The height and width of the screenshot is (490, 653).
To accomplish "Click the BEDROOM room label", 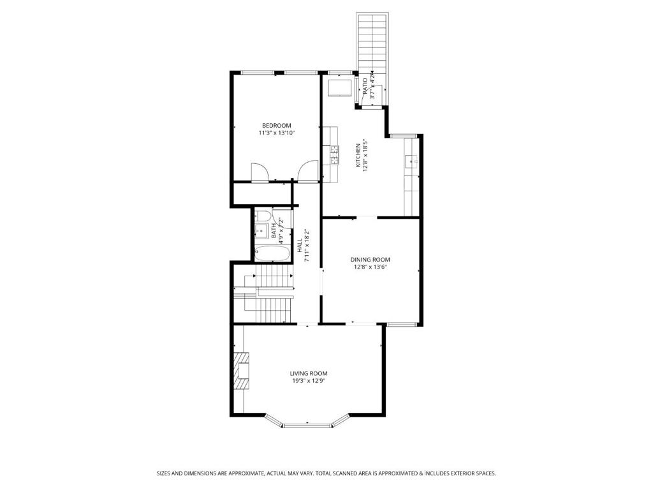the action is pyautogui.click(x=277, y=126).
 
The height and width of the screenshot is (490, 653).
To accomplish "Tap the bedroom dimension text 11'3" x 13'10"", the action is pyautogui.click(x=277, y=133).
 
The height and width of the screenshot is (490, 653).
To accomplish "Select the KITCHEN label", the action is pyautogui.click(x=358, y=156).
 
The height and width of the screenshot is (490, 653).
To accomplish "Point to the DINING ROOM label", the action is pyautogui.click(x=371, y=260).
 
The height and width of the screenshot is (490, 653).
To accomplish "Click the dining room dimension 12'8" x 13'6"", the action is pyautogui.click(x=371, y=267).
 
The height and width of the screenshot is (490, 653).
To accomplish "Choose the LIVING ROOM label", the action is pyautogui.click(x=309, y=373).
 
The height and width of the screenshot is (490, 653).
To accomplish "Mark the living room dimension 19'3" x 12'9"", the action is pyautogui.click(x=309, y=381).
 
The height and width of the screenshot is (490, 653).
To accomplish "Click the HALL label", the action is pyautogui.click(x=300, y=245).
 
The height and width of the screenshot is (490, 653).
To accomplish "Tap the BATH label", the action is pyautogui.click(x=274, y=230).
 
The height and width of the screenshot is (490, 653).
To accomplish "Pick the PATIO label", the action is pyautogui.click(x=365, y=87).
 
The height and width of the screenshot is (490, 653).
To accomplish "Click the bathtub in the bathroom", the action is pyautogui.click(x=272, y=254).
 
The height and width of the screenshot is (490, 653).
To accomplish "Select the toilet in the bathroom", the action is pyautogui.click(x=262, y=216).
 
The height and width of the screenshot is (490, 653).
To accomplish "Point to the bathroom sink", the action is pyautogui.click(x=261, y=230).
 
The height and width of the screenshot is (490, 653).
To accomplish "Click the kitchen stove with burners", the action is pyautogui.click(x=335, y=154).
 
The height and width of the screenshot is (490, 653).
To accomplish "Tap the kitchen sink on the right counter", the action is pyautogui.click(x=411, y=161).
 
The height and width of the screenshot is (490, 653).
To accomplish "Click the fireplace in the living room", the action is pyautogui.click(x=241, y=371).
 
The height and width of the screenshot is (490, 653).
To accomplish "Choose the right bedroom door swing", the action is pyautogui.click(x=308, y=172).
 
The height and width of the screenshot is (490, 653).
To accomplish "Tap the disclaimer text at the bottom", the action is pyautogui.click(x=326, y=473).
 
